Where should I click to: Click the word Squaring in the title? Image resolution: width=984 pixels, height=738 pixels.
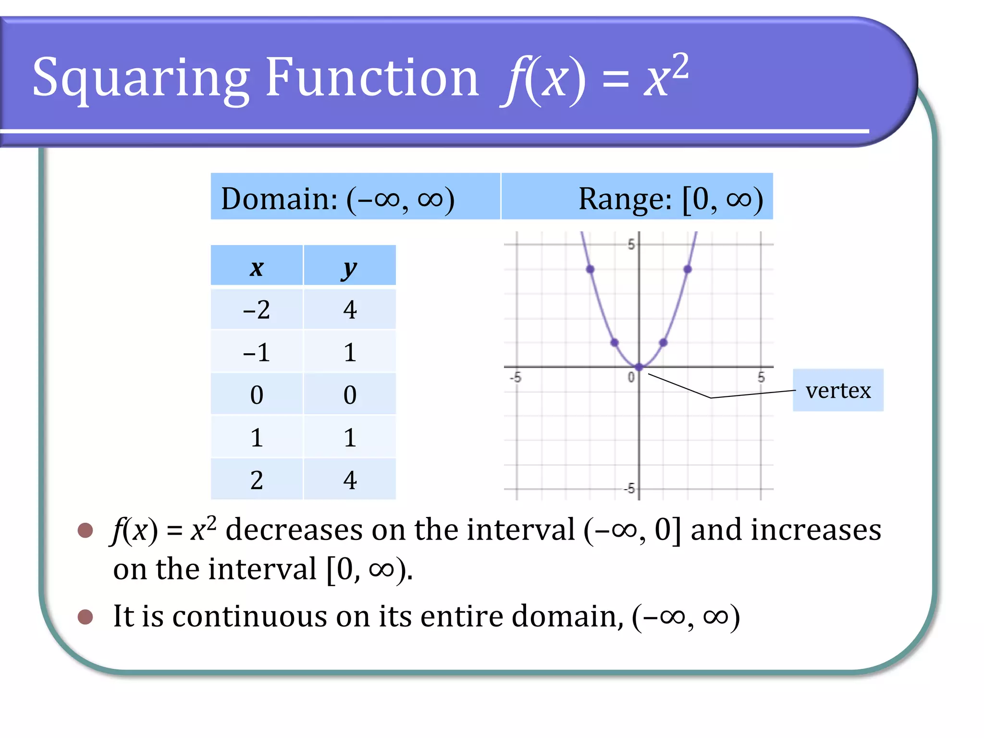pyautogui.click(x=140, y=78)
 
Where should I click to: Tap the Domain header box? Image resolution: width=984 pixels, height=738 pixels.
pyautogui.click(x=355, y=197)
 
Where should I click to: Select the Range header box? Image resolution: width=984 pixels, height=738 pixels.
pyautogui.click(x=637, y=197)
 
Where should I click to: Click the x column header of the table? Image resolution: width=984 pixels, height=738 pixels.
pyautogui.click(x=257, y=266)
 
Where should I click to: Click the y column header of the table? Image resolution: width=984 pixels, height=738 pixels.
pyautogui.click(x=350, y=266)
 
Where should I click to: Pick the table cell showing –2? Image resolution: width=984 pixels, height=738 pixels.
pyautogui.click(x=257, y=309)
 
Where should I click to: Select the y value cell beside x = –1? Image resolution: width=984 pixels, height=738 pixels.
pyautogui.click(x=350, y=352)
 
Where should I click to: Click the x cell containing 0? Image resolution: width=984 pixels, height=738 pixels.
pyautogui.click(x=257, y=394)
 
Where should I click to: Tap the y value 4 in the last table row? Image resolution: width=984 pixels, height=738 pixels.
pyautogui.click(x=350, y=480)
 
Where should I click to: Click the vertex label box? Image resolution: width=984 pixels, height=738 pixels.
pyautogui.click(x=837, y=390)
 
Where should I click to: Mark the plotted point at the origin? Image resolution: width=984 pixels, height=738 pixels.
pyautogui.click(x=639, y=367)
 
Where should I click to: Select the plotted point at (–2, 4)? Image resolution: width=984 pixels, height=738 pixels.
pyautogui.click(x=590, y=269)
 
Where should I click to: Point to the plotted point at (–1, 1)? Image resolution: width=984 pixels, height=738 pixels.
pyautogui.click(x=615, y=343)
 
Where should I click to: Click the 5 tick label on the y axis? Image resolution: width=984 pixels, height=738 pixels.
pyautogui.click(x=631, y=244)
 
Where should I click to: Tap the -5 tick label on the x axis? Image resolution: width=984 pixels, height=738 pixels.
pyautogui.click(x=515, y=377)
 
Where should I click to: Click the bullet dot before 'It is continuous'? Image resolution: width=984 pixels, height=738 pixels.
pyautogui.click(x=85, y=616)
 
